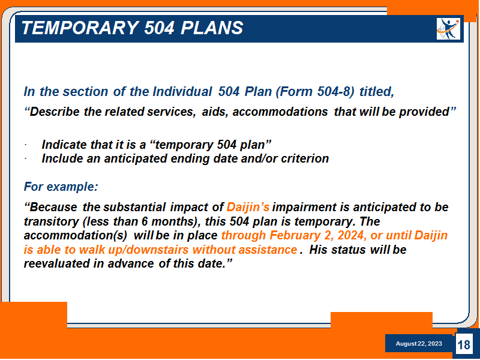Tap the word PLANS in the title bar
click(212, 28)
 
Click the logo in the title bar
click(448, 29)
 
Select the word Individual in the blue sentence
click(182, 92)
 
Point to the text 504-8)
click(335, 92)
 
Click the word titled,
click(377, 92)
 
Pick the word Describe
click(52, 112)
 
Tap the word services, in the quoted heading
click(172, 112)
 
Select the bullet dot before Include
click(26, 159)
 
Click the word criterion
click(305, 158)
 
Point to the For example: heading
click(61, 187)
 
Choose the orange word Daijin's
click(248, 207)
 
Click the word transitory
click(52, 221)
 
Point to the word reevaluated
click(56, 263)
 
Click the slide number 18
click(464, 344)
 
